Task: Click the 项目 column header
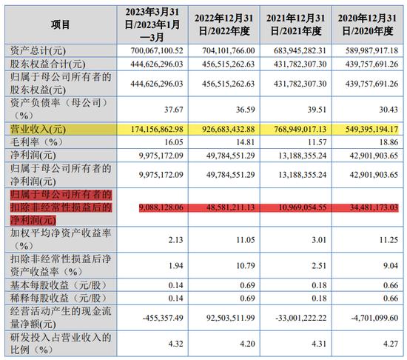60,24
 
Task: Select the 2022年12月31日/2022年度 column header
224,24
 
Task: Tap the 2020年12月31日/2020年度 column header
367,24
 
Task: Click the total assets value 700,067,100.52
157,50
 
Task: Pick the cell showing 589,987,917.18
371,50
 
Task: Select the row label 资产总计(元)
38,50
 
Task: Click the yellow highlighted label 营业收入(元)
38,129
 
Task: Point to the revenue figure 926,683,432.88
229,129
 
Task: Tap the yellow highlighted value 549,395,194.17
371,129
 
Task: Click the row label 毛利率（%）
36,142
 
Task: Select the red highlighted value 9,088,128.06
161,207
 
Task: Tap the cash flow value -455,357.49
163,318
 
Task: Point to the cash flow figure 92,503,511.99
230,318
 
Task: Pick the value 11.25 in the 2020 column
388,240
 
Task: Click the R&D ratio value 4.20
247,344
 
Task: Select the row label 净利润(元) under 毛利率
33,156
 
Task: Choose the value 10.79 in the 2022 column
245,266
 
